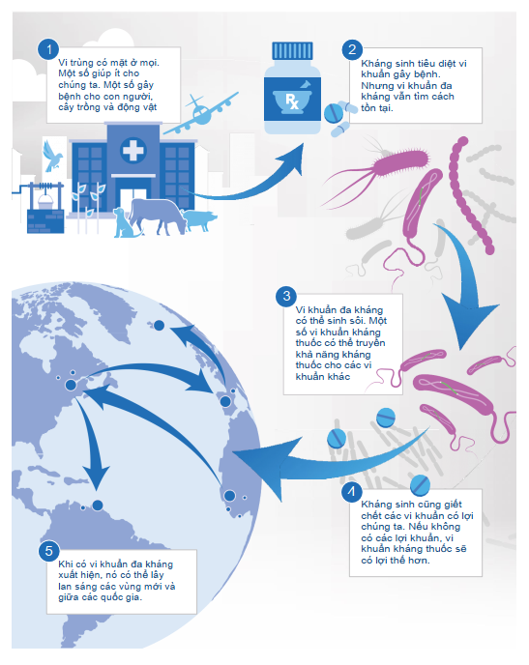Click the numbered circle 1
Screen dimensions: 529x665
[x=48, y=49]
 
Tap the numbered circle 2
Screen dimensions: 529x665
[x=352, y=49]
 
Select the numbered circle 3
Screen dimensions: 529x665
[x=286, y=296]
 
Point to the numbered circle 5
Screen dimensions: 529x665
[x=48, y=551]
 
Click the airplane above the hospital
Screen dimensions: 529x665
[x=200, y=113]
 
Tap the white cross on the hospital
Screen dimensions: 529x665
[x=133, y=150]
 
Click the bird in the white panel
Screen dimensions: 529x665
[x=52, y=156]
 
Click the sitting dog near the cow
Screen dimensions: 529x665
[x=124, y=222]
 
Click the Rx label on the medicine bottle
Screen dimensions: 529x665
[x=291, y=101]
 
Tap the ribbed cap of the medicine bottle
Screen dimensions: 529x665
[x=292, y=51]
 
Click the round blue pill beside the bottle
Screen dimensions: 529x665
[x=334, y=113]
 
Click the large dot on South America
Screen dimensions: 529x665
[x=98, y=506]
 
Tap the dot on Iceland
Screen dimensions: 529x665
[x=159, y=326]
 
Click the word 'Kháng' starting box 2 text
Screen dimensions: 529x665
[x=373, y=64]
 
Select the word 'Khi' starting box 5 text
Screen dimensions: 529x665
[x=66, y=564]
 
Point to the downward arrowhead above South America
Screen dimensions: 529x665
[x=97, y=477]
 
